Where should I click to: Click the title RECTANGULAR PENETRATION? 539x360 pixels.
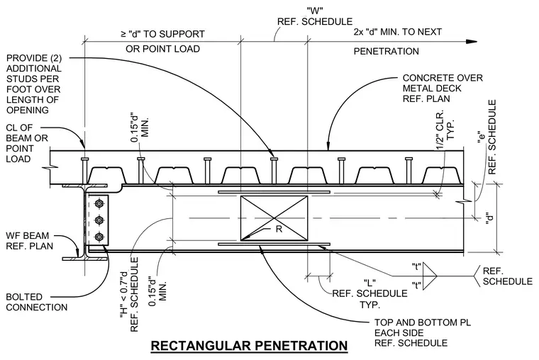(249, 345)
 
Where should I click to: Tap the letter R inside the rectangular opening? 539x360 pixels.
(279, 229)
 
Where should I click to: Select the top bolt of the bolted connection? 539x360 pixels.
(99, 203)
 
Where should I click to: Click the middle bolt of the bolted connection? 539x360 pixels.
(99, 220)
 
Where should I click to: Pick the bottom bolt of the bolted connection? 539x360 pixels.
(99, 236)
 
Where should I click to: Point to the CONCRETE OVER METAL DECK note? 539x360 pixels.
(443, 89)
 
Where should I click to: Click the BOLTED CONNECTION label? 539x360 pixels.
(36, 302)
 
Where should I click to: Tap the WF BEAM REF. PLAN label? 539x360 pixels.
(30, 241)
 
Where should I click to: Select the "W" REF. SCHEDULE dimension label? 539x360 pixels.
(315, 16)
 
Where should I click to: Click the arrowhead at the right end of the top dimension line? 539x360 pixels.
(472, 42)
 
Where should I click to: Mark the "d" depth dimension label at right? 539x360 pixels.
(490, 218)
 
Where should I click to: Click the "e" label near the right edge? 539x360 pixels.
(482, 138)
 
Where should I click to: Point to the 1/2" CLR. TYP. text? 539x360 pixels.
(445, 130)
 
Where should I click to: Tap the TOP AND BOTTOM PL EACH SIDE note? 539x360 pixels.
(423, 333)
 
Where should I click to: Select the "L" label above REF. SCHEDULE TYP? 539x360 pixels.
(369, 283)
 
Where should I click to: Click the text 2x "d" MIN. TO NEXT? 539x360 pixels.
(398, 32)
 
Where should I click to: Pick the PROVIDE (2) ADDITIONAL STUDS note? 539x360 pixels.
(34, 84)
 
